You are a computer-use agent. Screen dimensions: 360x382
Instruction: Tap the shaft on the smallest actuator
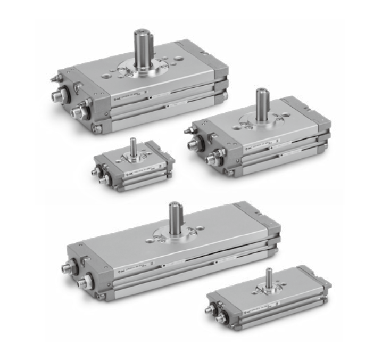click(133, 146)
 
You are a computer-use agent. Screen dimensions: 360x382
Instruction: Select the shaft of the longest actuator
click(176, 218)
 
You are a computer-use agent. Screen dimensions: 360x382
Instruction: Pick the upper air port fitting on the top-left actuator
click(56, 96)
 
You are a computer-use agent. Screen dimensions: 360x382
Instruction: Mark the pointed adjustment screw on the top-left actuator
click(53, 78)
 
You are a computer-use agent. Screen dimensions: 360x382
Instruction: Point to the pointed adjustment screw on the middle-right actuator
click(188, 129)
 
